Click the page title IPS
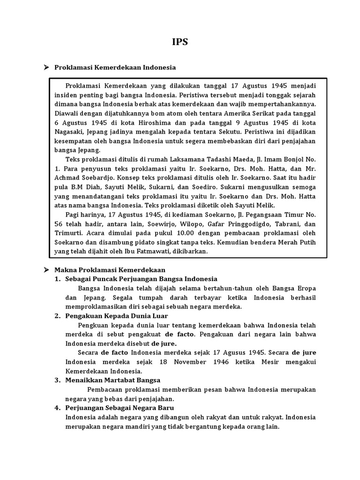pyautogui.click(x=180, y=42)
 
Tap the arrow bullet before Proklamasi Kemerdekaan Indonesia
pyautogui.click(x=46, y=67)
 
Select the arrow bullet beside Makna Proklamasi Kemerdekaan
pyautogui.click(x=46, y=270)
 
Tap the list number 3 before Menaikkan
pyautogui.click(x=57, y=380)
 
